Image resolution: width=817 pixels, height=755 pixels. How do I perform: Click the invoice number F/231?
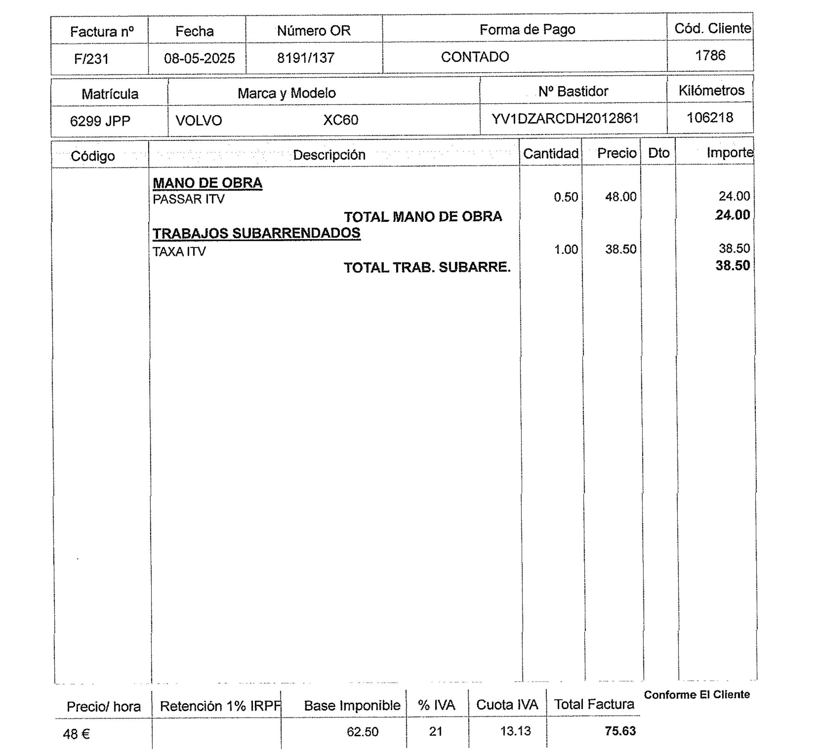91,59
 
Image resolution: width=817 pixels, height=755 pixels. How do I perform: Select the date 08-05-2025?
199,58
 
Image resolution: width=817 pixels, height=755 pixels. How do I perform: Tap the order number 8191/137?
306,58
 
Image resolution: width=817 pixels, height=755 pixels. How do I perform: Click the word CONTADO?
475,57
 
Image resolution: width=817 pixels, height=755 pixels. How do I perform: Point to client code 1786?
710,55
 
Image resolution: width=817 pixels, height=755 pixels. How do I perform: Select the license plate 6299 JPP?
100,121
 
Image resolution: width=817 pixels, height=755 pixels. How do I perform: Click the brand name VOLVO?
199,120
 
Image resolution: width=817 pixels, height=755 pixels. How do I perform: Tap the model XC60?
340,120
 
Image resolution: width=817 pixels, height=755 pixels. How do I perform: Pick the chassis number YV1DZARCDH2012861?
565,118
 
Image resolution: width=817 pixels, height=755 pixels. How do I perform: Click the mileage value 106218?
710,118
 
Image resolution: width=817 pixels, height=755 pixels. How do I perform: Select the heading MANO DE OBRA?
207,183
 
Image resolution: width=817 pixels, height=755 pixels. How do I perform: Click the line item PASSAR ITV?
188,199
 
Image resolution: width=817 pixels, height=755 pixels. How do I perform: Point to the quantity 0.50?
566,197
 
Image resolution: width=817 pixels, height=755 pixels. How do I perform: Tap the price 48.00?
621,196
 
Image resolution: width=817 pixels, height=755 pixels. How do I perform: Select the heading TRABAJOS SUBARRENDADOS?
256,233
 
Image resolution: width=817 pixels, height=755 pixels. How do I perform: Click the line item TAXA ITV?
179,251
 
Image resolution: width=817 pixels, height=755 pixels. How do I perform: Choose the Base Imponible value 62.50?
362,731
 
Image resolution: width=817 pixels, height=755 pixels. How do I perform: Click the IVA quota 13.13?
516,731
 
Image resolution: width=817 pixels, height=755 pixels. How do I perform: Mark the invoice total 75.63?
620,731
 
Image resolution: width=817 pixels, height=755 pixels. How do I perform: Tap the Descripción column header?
329,155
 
